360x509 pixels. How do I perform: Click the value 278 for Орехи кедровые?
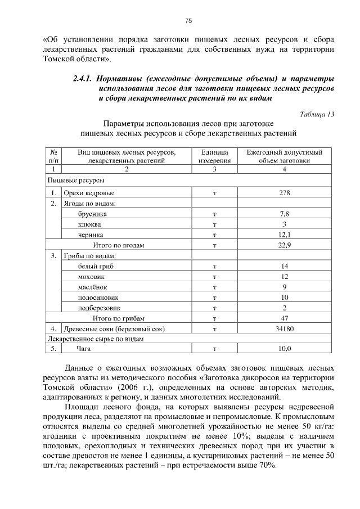pyautogui.click(x=284, y=193)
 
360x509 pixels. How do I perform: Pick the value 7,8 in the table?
pyautogui.click(x=284, y=214)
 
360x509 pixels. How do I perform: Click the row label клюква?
pyautogui.click(x=74, y=224)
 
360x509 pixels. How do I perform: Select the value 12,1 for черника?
pyautogui.click(x=284, y=235)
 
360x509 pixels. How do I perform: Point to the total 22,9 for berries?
pyautogui.click(x=284, y=245)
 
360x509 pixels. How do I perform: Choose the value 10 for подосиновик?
pyautogui.click(x=284, y=297)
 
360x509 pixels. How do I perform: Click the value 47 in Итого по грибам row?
pyautogui.click(x=284, y=318)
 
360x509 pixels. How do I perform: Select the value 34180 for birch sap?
pyautogui.click(x=284, y=328)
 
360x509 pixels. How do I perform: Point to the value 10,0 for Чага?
pyautogui.click(x=284, y=349)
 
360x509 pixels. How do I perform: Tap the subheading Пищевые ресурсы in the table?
pyautogui.click(x=72, y=181)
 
